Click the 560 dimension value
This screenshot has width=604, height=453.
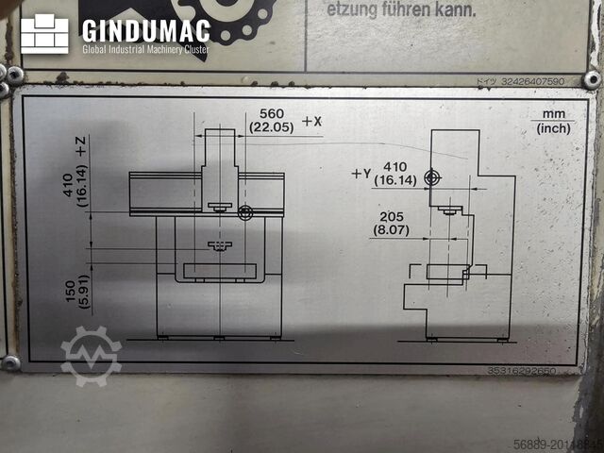coord(271,113)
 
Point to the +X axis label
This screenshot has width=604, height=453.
coord(312,121)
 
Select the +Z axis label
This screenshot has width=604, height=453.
coord(81,146)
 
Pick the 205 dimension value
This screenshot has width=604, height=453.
coord(389,214)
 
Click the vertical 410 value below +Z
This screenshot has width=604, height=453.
coord(68,189)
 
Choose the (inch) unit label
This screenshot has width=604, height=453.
coord(554,128)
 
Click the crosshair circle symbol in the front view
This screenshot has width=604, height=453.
coord(244,214)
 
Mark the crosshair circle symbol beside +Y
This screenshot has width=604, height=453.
coord(432,176)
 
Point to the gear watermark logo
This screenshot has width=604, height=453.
coord(91,356)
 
